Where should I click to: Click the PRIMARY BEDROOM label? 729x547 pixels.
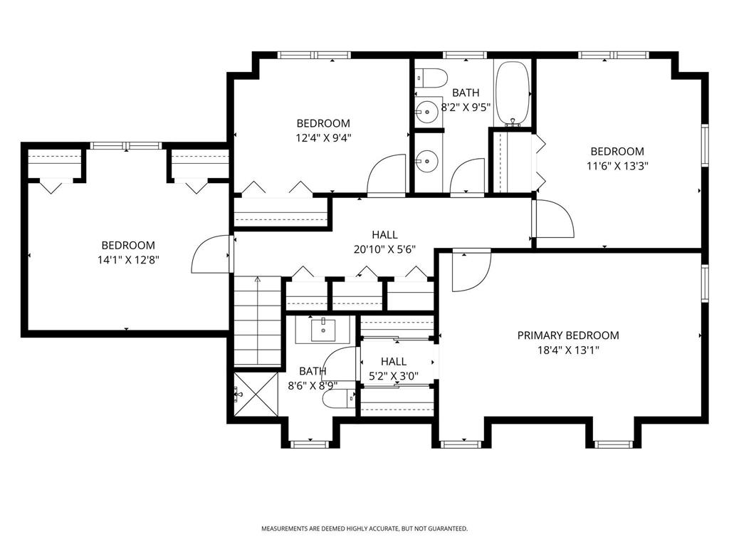[x=568, y=335]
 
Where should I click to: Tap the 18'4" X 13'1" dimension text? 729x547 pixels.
[x=568, y=350]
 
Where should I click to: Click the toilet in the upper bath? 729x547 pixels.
[x=431, y=77]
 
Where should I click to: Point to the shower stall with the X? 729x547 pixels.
[x=256, y=395]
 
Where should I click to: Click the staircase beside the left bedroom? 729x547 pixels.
[x=257, y=321]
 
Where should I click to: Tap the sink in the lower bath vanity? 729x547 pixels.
[x=324, y=330]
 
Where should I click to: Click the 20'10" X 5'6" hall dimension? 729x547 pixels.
[x=384, y=249]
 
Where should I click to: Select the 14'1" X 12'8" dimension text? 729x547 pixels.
[x=128, y=259]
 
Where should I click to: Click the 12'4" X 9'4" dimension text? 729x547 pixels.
[x=323, y=137]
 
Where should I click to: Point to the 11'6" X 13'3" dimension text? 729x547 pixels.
[x=617, y=165]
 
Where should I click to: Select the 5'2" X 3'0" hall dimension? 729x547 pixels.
[x=394, y=376]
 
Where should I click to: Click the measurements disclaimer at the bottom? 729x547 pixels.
[x=364, y=528]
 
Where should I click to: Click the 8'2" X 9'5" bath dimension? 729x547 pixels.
[x=466, y=108]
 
